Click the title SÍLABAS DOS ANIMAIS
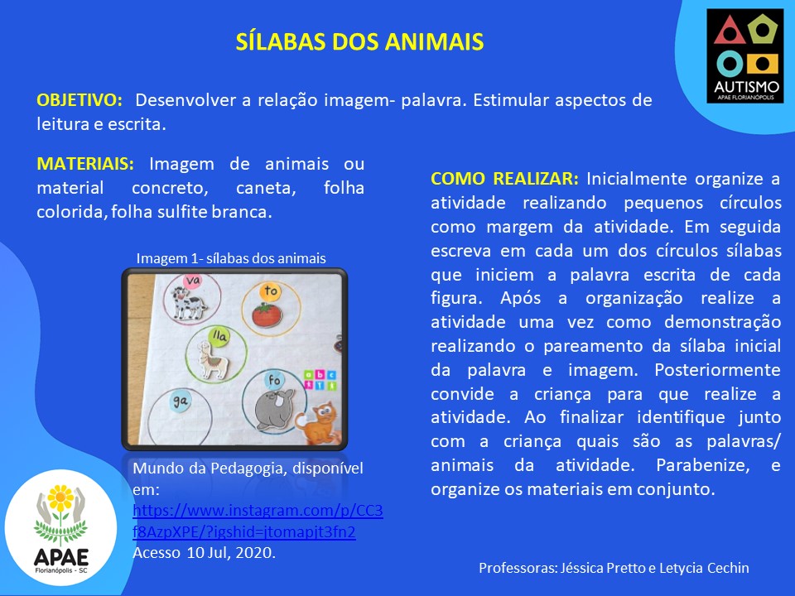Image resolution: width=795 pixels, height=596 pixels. coord(359,41)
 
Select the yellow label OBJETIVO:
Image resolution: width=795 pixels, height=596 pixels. coord(79,100)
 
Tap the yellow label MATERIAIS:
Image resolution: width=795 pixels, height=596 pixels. coord(85,164)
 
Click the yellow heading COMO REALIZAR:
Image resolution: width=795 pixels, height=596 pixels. coord(504,179)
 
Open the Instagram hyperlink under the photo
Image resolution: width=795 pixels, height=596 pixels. coord(258,521)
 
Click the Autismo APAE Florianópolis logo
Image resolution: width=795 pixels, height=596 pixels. coord(745,55)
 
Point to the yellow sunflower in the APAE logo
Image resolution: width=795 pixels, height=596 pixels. coord(60,497)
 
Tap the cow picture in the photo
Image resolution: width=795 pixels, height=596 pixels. coord(189,303)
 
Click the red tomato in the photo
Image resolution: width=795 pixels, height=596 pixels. coord(267,315)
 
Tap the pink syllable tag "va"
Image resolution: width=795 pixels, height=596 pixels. coord(193,281)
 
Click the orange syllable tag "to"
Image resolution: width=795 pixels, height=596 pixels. coord(271,291)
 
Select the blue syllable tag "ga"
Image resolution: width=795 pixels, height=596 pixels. coord(180,401)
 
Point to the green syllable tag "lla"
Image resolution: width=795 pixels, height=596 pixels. coord(219,335)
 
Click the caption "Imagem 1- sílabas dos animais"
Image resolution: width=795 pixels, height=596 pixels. coord(231,258)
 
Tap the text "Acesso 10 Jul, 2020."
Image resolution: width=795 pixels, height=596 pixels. coord(205,552)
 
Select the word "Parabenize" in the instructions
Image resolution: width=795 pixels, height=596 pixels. coord(703,465)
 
